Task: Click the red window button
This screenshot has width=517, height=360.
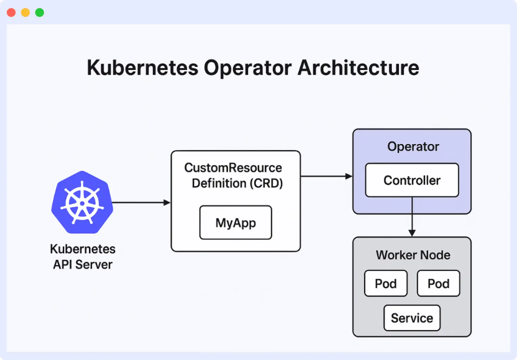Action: pyautogui.click(x=11, y=13)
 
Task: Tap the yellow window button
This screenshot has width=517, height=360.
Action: pyautogui.click(x=25, y=13)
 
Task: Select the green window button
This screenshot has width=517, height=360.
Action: pyautogui.click(x=40, y=13)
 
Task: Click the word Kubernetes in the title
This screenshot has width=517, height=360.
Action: pyautogui.click(x=142, y=68)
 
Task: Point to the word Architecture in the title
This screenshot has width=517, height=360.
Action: pyautogui.click(x=358, y=68)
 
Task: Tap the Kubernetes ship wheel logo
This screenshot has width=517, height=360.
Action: pyautogui.click(x=82, y=202)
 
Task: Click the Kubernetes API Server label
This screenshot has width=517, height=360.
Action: pyautogui.click(x=83, y=257)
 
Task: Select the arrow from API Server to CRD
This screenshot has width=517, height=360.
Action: pyautogui.click(x=140, y=202)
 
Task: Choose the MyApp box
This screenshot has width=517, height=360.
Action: pyautogui.click(x=235, y=222)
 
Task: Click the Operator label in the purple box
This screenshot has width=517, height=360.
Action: pyautogui.click(x=413, y=147)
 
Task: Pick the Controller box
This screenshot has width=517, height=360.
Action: pyautogui.click(x=412, y=180)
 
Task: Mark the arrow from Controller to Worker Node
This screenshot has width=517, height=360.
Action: pyautogui.click(x=412, y=215)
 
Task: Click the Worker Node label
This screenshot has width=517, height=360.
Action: pyautogui.click(x=413, y=255)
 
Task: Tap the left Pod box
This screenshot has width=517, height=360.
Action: pyautogui.click(x=386, y=283)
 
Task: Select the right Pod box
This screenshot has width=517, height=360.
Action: pyautogui.click(x=438, y=283)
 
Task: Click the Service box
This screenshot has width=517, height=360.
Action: pyautogui.click(x=412, y=318)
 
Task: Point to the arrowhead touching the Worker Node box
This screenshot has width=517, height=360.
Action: pyautogui.click(x=412, y=233)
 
